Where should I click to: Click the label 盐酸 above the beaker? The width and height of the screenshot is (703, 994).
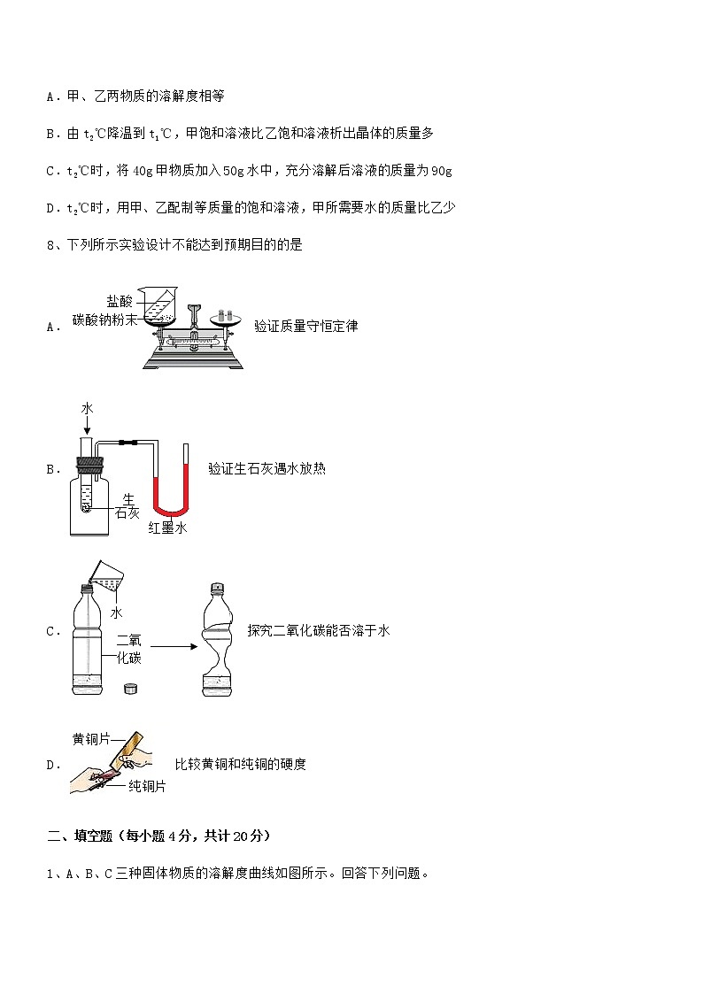point(120,302)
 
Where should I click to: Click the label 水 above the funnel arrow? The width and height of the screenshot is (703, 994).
point(87,408)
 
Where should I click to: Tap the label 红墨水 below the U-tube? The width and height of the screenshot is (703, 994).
point(167,528)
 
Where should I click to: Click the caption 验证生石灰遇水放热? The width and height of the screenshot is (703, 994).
point(267,469)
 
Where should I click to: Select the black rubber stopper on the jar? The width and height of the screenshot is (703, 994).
point(89,462)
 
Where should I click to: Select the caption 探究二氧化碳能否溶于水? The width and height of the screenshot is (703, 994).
point(318,631)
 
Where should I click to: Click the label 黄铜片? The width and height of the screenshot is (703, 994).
point(90,739)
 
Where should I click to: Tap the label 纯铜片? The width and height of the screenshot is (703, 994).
point(146,786)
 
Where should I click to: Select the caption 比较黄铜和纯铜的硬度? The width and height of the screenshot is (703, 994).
point(240,764)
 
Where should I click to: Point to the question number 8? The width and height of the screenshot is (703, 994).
point(50,245)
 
